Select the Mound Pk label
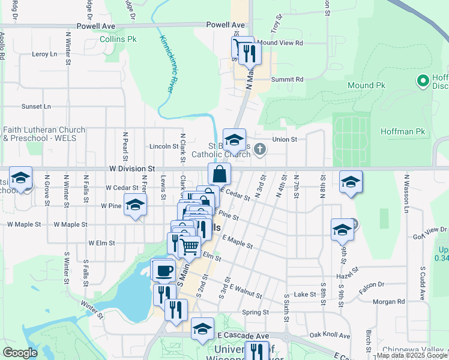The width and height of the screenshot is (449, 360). (366, 86)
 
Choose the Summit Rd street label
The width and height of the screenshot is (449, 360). (288, 79)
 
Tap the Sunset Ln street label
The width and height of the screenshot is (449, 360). (36, 106)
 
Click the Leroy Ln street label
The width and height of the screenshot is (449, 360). (44, 54)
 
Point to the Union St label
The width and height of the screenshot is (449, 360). (285, 139)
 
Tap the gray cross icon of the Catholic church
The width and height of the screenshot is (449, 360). (259, 149)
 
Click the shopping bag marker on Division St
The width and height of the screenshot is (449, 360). (220, 174)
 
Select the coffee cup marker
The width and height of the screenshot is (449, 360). (164, 271)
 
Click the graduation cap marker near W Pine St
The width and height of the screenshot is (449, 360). (135, 205)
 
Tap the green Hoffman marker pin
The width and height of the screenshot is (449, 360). (423, 80)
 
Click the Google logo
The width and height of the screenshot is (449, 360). (20, 353)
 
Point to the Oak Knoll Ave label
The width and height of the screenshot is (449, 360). (330, 335)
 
